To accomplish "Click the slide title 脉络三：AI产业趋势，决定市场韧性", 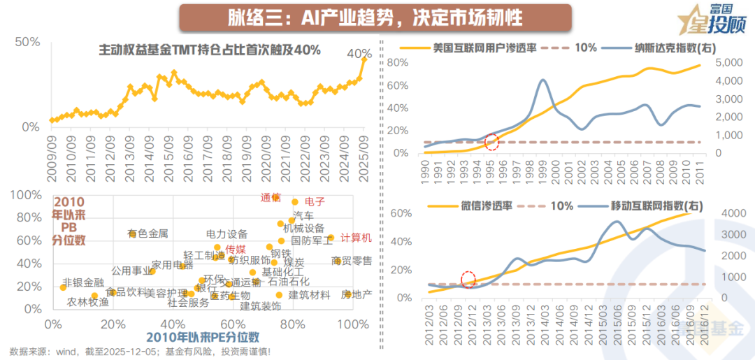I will (375, 17).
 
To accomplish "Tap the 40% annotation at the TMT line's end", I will (359, 53).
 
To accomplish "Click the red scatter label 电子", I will (315, 201).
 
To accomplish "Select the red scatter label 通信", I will (271, 198).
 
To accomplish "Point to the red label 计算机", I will (356, 238).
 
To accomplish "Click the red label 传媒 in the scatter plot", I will (236, 250).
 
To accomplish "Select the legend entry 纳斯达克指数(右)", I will (675, 48).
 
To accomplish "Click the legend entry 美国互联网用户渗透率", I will (484, 48).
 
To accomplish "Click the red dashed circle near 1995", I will (492, 143).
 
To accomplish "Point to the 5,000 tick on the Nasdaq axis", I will (733, 63).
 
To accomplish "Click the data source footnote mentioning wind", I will (140, 351).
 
